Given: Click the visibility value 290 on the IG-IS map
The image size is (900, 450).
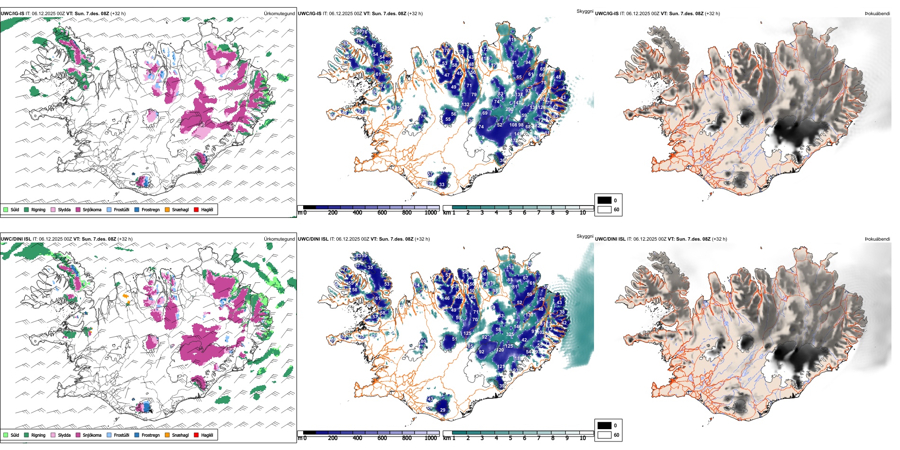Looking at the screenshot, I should point(509,109).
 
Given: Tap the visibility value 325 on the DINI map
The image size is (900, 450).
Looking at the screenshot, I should point(510,334).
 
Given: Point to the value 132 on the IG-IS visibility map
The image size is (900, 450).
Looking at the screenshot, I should point(466,105).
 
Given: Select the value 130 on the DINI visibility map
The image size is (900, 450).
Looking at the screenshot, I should point(529,315).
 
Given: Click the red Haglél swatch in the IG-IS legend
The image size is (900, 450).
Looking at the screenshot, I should point(196,209).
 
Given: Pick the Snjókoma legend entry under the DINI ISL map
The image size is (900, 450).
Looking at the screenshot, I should point(78,435).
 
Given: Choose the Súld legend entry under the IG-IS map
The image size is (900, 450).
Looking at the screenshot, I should point(6,209).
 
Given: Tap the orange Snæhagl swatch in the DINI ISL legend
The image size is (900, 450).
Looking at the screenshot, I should point(167,435).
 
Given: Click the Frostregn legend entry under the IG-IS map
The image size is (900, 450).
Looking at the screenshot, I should point(137,209).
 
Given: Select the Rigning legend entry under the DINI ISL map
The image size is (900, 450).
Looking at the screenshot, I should point(27,435).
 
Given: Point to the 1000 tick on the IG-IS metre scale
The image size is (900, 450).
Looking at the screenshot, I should point(431,213).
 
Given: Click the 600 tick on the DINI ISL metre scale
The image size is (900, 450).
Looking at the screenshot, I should point(382,438).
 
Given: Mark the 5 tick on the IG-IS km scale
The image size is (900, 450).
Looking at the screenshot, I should point(511,213).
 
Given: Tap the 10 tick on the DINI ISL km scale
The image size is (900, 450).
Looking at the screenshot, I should point(583,438).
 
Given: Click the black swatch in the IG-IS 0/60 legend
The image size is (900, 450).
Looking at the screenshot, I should point(604,200).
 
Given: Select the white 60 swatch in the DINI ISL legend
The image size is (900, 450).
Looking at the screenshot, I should point(604,435).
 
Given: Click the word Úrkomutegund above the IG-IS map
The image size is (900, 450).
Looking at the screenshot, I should point(279,14).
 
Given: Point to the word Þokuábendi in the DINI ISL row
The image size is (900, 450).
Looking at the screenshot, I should point(877,239).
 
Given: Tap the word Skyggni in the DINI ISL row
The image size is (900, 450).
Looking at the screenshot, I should point(585,236).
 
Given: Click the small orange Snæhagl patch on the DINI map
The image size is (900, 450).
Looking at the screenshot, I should point(126,296).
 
